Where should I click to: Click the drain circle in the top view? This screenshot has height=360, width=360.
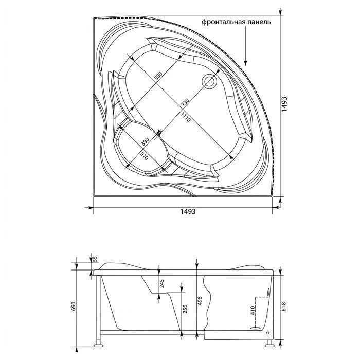pyautogui.click(x=210, y=81)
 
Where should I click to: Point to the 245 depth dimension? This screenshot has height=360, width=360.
pyautogui.click(x=161, y=283)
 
